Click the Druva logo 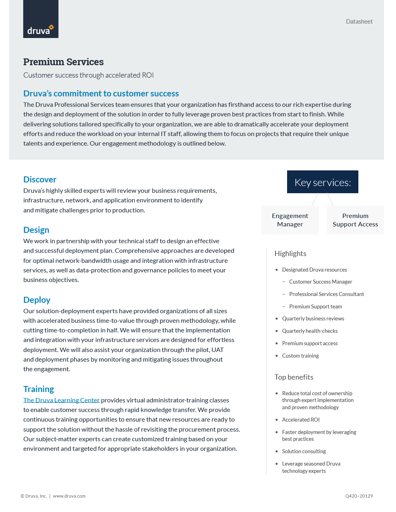pyautogui.click(x=40, y=19)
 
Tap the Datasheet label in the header pyautogui.click(x=359, y=22)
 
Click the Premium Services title pyautogui.click(x=63, y=62)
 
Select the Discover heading pyautogui.click(x=40, y=180)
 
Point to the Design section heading pyautogui.click(x=36, y=230)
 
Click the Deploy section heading pyautogui.click(x=36, y=300)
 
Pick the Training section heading pyautogui.click(x=38, y=389)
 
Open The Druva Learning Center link pyautogui.click(x=61, y=400)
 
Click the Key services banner pyautogui.click(x=322, y=182)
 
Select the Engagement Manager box pyautogui.click(x=290, y=220)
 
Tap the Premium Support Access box pyautogui.click(x=355, y=220)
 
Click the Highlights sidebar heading pyautogui.click(x=290, y=254)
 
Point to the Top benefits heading pyautogui.click(x=294, y=377)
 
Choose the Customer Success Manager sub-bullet pyautogui.click(x=320, y=282)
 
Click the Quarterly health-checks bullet pyautogui.click(x=310, y=331)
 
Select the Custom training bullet pyautogui.click(x=300, y=356)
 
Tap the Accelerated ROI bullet pyautogui.click(x=301, y=420)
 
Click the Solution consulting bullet pyautogui.click(x=304, y=452)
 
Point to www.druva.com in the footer pyautogui.click(x=69, y=496)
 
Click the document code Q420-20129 pyautogui.click(x=359, y=496)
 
